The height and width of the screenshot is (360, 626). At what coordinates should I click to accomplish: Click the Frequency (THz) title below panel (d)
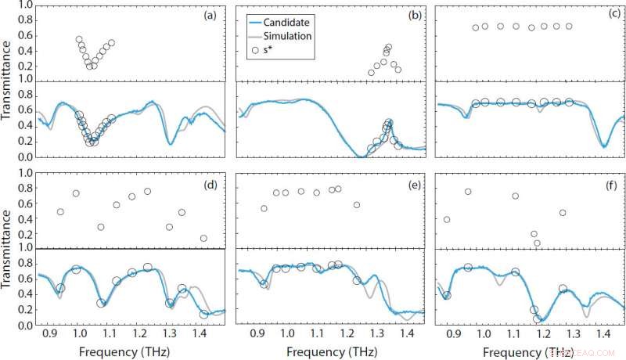click(x=131, y=351)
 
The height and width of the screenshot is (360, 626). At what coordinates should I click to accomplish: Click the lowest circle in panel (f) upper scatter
click(x=537, y=243)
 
